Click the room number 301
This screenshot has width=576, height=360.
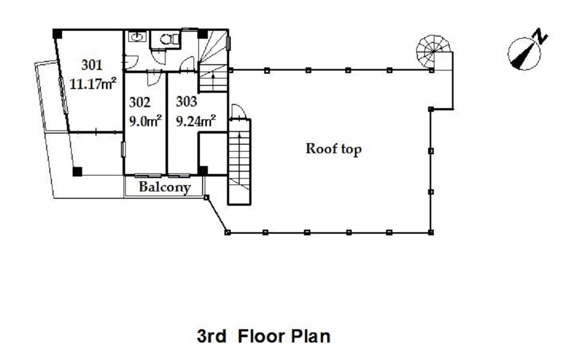(x=91, y=65)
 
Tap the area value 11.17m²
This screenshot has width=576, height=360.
(x=93, y=84)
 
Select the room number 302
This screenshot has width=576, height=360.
(x=139, y=102)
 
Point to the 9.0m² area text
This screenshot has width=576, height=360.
(x=145, y=120)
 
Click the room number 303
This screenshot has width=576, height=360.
(x=186, y=101)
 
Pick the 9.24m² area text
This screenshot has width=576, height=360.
(x=195, y=120)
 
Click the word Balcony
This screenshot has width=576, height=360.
(x=164, y=187)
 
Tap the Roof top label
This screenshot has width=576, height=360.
(x=334, y=149)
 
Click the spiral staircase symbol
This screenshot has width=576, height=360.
(x=433, y=51)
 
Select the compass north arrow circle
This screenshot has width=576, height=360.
(x=524, y=54)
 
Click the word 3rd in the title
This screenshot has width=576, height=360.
(x=212, y=337)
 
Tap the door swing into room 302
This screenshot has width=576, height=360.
(x=154, y=78)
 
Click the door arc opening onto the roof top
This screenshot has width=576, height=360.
(x=238, y=112)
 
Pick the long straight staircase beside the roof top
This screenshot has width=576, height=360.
(x=239, y=162)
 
